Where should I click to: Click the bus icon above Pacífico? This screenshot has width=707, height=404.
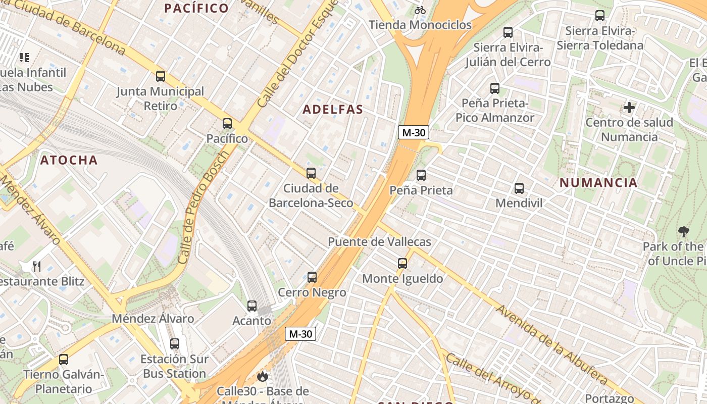pos(227,124)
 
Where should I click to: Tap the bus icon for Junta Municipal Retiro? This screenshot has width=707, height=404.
pos(161,76)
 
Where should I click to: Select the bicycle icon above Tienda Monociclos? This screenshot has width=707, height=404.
pos(420,10)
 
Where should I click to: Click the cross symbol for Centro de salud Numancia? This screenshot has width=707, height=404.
pos(629,108)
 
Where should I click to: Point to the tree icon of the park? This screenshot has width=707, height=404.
pos(684,232)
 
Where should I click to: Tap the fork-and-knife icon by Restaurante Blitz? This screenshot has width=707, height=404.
pos(37,266)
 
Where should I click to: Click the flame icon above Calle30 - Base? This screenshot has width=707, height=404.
pos(262,376)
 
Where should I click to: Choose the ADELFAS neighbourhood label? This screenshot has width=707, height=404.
pos(333,110)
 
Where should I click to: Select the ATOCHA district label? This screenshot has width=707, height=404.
pos(69,161)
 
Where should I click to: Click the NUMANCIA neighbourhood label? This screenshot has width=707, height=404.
pos(598,183)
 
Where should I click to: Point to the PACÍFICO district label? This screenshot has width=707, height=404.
pos(197,8)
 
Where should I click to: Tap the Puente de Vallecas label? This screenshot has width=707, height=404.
pos(380,242)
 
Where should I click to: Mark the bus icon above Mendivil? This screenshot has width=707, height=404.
pos(519,188)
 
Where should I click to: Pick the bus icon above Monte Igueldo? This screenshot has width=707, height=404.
pos(402,264)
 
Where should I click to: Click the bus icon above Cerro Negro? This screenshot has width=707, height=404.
pos(312,277)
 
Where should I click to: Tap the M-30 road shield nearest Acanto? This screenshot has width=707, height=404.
pos(300,334)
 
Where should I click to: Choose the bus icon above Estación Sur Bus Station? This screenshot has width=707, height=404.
pos(175,344)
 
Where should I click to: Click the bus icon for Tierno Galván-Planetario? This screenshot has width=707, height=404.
pos(64,360)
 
